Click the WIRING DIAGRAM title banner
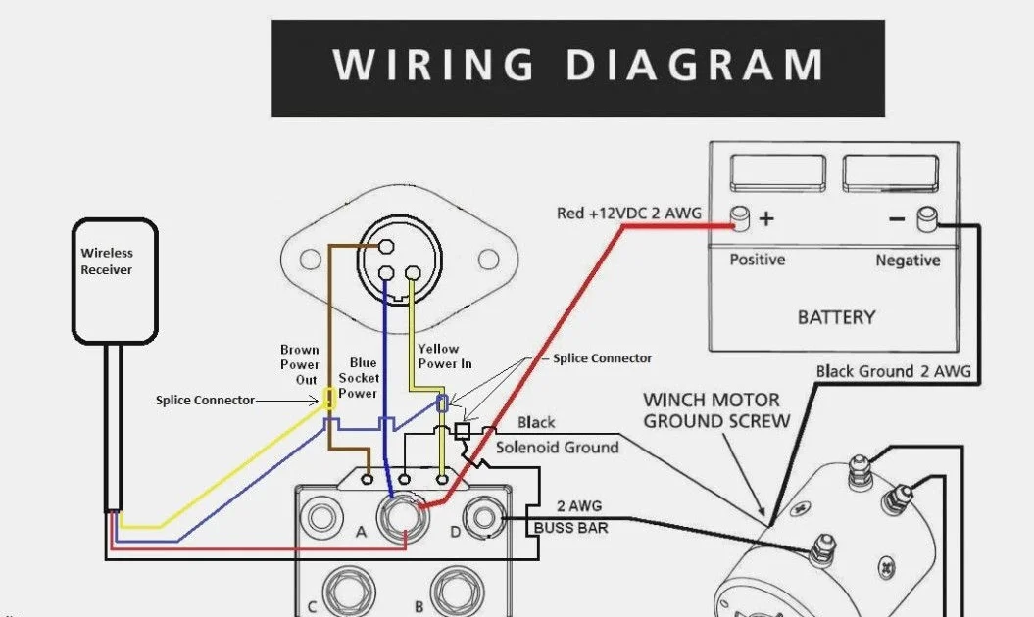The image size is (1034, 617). tap(577, 68)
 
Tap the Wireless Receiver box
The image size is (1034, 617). tap(115, 281)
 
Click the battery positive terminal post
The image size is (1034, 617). tap(741, 218)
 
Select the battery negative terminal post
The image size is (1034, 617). tap(927, 219)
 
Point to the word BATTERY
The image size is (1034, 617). tap(836, 317)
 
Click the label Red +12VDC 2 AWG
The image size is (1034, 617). tap(629, 213)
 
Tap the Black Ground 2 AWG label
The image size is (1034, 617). tap(894, 372)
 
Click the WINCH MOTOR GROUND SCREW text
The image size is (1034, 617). tap(716, 410)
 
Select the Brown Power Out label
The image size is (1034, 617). tap(299, 364)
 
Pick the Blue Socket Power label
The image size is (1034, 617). tap(359, 378)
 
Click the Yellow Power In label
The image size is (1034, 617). tap(444, 356)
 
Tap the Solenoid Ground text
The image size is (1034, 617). tap(558, 448)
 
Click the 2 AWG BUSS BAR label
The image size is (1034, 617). tap(571, 517)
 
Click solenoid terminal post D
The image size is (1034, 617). tap(483, 517)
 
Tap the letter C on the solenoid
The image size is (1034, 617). tap(312, 606)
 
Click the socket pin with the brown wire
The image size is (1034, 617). tap(386, 247)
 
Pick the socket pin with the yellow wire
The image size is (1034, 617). tap(413, 273)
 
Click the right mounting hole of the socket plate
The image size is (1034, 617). tap(488, 260)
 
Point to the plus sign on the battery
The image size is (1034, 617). tap(766, 218)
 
